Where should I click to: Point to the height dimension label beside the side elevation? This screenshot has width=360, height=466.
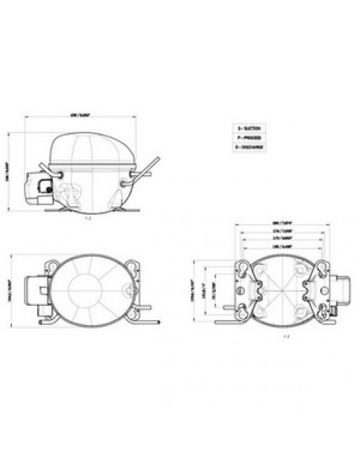[9, 173]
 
